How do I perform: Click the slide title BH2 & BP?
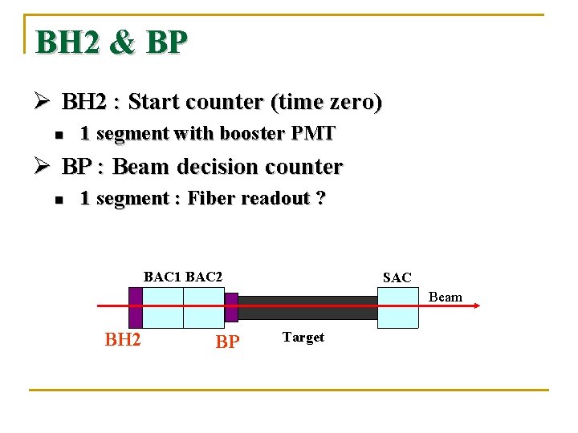[x=112, y=42]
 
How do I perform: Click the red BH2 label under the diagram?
[x=123, y=340]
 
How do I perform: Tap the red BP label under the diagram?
[x=227, y=342]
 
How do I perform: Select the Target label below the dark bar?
[x=303, y=338]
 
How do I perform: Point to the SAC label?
[x=397, y=278]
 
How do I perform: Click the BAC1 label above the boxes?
[x=163, y=277]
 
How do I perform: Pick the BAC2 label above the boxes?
[x=204, y=277]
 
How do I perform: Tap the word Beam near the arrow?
[x=446, y=297]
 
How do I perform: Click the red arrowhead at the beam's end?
[x=476, y=306]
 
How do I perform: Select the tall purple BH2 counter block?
[x=135, y=307]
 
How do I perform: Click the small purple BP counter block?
[x=231, y=307]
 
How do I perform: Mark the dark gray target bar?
[x=307, y=307]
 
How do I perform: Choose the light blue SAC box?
[x=398, y=307]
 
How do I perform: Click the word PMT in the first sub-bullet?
[x=314, y=134]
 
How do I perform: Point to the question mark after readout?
[x=321, y=199]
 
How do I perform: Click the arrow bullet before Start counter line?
[x=45, y=103]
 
